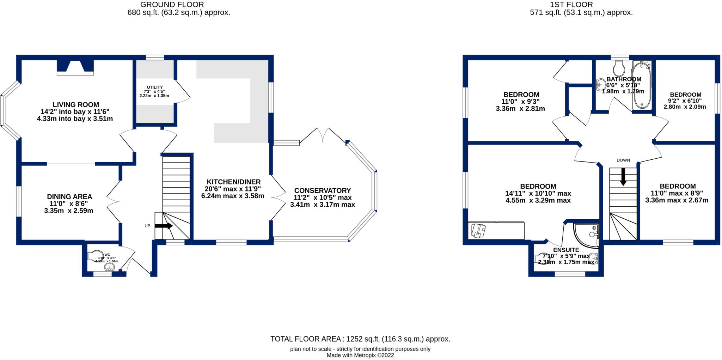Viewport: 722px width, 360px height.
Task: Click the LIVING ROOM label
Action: [75, 105]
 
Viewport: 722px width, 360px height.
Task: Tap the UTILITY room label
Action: [155, 87]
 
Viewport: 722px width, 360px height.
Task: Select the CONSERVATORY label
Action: [322, 191]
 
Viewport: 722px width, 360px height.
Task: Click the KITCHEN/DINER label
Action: [233, 182]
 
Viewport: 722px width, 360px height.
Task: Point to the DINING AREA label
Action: [69, 197]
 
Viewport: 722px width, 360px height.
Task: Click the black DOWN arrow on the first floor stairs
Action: [623, 176]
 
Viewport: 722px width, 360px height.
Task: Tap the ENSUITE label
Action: [566, 250]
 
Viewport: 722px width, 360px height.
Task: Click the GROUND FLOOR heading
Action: [172, 5]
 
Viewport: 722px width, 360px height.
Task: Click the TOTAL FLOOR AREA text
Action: [360, 339]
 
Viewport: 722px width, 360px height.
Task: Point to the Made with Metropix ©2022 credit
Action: [360, 355]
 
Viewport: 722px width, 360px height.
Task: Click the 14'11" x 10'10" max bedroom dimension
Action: [538, 194]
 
